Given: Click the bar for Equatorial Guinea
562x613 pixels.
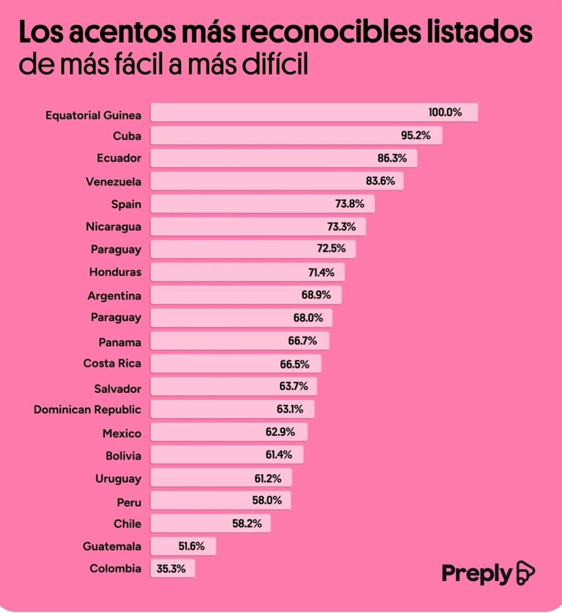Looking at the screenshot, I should point(314,113).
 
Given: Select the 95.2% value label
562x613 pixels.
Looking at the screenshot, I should point(415,136).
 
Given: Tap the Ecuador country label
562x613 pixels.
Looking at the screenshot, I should point(118,158).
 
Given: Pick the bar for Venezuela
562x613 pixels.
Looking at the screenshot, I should point(276,181).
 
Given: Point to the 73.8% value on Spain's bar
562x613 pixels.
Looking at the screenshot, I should point(349,204).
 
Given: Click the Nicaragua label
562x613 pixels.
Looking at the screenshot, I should point(113,227).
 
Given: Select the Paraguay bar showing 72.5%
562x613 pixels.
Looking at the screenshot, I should point(253,249).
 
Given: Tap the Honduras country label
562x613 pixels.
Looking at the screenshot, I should point(115,272).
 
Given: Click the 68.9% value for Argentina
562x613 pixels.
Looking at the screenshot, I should point(316,295).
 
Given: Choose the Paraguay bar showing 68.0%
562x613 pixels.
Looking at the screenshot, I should point(241,318).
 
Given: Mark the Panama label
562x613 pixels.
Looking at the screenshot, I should point(119,343).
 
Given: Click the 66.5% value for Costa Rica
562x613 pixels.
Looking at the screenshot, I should point(295,364).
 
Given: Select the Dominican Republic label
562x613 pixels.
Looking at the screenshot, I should point(87,410).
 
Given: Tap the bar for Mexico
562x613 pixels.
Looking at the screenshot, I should point(229,432).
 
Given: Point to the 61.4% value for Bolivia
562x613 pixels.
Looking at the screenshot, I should point(279,454).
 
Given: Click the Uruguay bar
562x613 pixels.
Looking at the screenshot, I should point(221,478).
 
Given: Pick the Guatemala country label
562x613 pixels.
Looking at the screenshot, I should point(112,547).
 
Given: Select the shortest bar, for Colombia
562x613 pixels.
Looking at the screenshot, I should point(172,569).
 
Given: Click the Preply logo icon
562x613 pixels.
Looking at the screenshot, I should point(525,573).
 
